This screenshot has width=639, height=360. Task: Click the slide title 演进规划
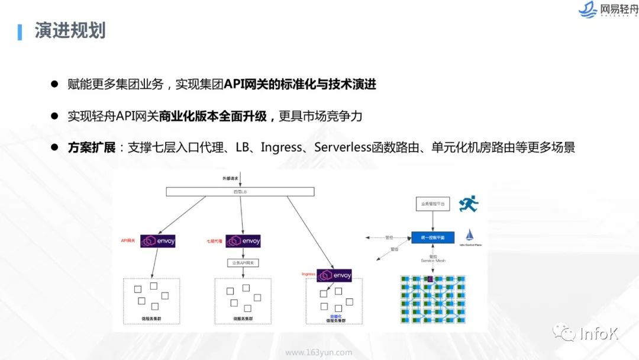click(70, 31)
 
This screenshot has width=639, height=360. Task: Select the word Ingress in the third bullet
click(282, 147)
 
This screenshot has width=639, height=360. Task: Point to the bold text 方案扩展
click(92, 147)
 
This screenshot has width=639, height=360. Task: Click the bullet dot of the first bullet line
click(54, 85)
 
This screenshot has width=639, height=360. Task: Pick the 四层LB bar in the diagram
click(240, 191)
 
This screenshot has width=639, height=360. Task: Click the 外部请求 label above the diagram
click(225, 178)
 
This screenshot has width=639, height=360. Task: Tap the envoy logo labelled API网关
click(158, 241)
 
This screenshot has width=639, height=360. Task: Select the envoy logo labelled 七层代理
click(243, 241)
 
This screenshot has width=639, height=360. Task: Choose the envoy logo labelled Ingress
click(334, 275)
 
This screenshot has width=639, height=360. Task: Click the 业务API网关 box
click(243, 262)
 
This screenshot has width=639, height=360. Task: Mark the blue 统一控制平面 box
click(433, 237)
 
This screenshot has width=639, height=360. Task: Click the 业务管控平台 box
click(433, 204)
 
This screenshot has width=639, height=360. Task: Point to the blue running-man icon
click(468, 204)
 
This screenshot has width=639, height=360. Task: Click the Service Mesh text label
click(433, 261)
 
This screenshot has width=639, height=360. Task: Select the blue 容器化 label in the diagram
click(335, 317)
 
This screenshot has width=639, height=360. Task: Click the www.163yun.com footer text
click(318, 353)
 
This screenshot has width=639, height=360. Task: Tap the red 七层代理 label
click(214, 241)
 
